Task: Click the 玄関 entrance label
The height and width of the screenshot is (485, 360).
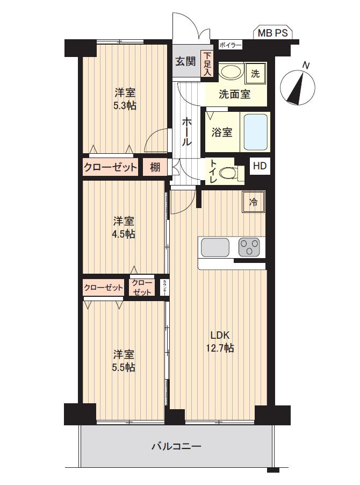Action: click(185, 61)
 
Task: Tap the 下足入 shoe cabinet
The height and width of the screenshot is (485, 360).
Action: click(207, 64)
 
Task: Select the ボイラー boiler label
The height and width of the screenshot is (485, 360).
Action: click(230, 45)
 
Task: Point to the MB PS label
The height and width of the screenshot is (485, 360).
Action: click(272, 33)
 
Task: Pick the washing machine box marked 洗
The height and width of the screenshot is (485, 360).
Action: click(255, 74)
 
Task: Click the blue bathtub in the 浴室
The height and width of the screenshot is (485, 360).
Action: click(256, 132)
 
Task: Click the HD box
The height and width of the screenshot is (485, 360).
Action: click(260, 166)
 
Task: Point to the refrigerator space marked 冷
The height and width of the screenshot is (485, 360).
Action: click(254, 202)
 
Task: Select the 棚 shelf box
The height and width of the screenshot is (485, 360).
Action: click(155, 167)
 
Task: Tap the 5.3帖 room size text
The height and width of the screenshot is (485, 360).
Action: click(125, 105)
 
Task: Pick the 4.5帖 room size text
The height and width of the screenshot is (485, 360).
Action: click(124, 234)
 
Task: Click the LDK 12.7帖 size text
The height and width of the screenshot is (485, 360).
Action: click(220, 341)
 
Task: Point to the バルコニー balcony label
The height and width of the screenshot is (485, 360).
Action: click(176, 446)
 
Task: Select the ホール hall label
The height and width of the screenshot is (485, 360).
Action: click(186, 131)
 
